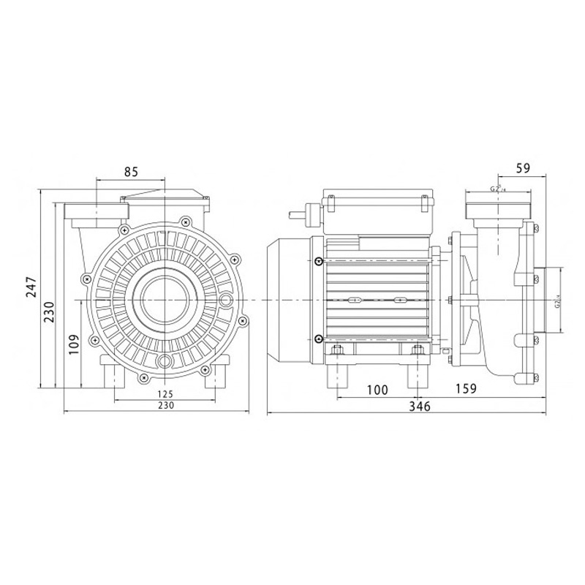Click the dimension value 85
click(x=131, y=173)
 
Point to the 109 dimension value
click(x=74, y=344)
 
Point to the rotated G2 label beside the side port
click(x=556, y=300)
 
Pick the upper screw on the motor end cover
click(x=318, y=263)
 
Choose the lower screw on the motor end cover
click(x=318, y=338)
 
